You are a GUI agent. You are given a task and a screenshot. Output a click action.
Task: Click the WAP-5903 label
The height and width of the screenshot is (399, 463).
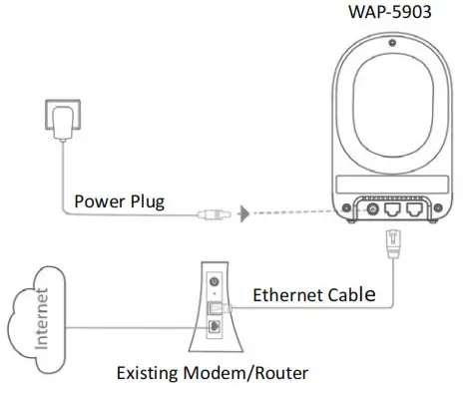[x=389, y=13]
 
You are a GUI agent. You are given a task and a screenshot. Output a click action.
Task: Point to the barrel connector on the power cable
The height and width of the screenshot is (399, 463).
[x=211, y=212]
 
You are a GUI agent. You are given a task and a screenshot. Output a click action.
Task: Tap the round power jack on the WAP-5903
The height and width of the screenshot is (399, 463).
[x=376, y=210]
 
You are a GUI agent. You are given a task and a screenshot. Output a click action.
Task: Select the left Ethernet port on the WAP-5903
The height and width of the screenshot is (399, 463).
[x=395, y=211]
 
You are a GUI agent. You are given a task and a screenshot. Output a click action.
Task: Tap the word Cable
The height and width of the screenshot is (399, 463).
[x=354, y=295]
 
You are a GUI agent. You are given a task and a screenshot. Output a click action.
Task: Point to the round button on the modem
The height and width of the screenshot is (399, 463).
[x=213, y=283]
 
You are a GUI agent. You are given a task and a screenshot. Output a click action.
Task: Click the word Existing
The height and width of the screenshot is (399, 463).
[x=153, y=375]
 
